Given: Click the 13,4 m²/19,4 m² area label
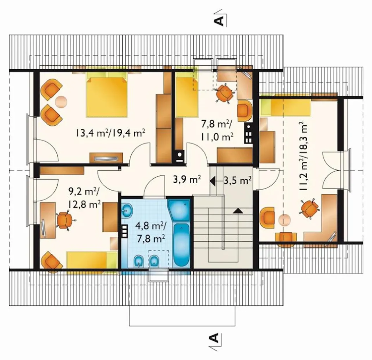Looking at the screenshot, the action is click(x=110, y=133).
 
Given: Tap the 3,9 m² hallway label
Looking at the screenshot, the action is click(x=187, y=180).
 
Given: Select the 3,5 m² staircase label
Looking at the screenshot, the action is click(x=237, y=180).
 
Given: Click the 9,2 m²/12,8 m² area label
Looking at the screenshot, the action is click(x=84, y=198).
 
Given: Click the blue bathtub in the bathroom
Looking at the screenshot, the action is click(x=182, y=245).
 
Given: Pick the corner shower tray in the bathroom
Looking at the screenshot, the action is click(x=179, y=211).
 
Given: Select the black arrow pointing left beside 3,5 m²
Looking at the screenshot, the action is click(x=212, y=180).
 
